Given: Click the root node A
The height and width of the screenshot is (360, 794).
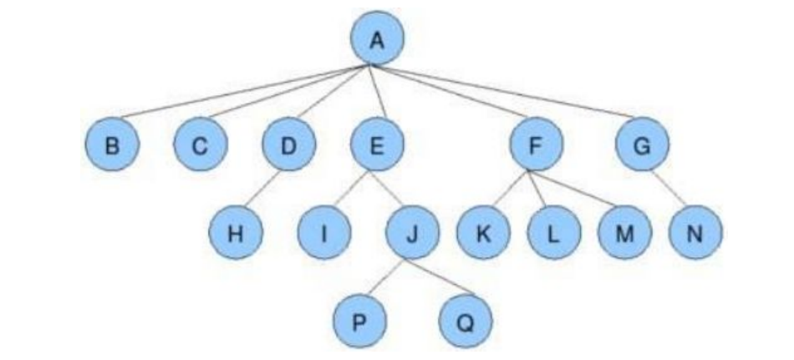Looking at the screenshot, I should click(x=376, y=38).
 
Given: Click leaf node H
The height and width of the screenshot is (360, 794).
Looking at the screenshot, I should click(x=236, y=233).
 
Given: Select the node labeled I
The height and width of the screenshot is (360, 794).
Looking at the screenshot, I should click(x=324, y=233).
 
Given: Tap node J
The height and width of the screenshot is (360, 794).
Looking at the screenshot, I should click(x=412, y=233).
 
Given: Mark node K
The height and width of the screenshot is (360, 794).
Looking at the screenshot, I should click(x=483, y=233).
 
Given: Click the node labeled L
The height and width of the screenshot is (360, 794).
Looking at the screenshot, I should click(x=553, y=233).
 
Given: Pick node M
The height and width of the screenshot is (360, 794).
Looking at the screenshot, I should click(x=623, y=233).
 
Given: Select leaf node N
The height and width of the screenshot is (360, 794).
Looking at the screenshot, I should click(x=695, y=233).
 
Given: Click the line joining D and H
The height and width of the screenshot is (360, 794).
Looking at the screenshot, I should click(x=262, y=190).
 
